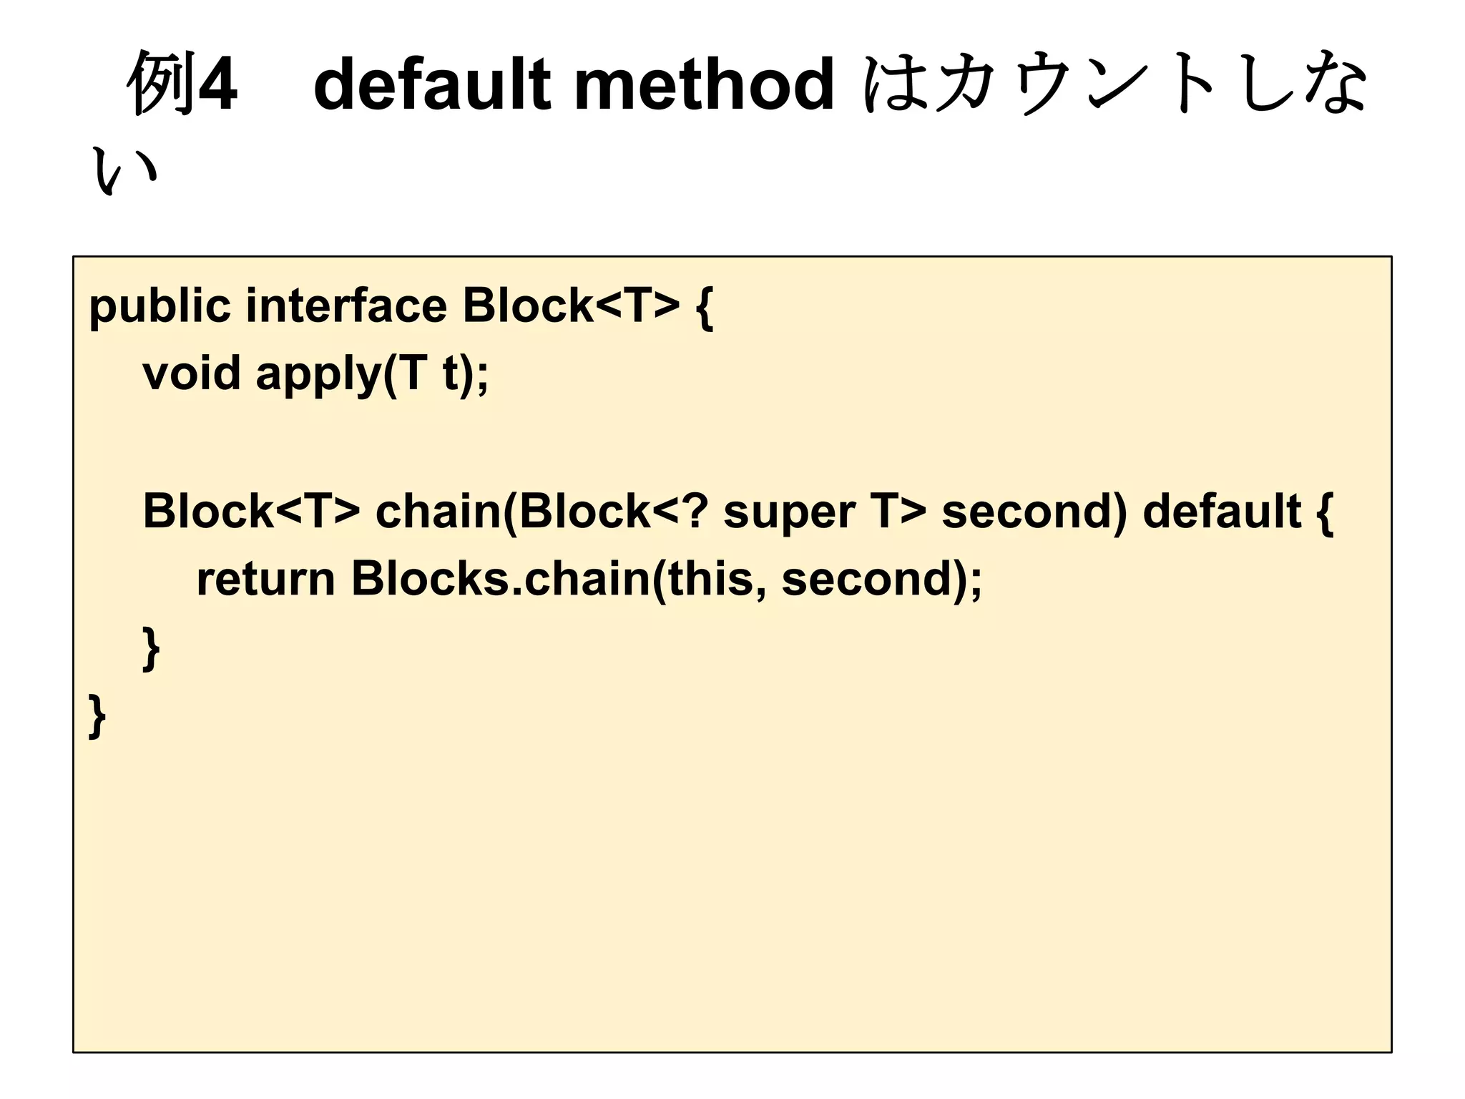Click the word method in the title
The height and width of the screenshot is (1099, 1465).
tap(704, 84)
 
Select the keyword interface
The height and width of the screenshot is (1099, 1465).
tap(346, 306)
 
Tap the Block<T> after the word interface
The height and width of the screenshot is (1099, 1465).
tap(571, 306)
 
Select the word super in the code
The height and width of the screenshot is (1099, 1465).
tap(788, 513)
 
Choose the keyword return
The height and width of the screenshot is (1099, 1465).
tap(265, 579)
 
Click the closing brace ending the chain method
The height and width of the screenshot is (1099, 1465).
tap(151, 648)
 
